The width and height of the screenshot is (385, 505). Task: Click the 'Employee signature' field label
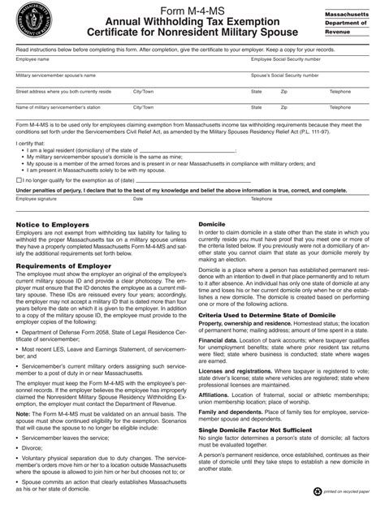pyautogui.click(x=37, y=198)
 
